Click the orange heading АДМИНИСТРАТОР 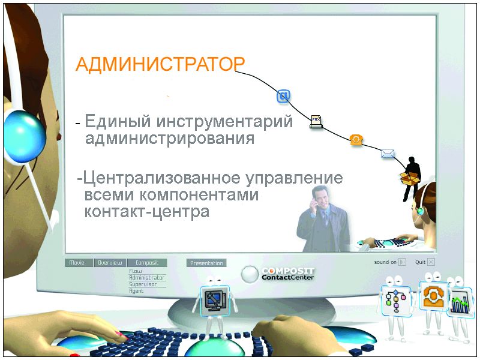(x=160, y=64)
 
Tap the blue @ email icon (x=283, y=96)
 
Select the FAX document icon (x=316, y=122)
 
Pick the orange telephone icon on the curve (x=356, y=140)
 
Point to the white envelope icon (x=388, y=153)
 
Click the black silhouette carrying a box (x=411, y=178)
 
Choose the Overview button (x=110, y=263)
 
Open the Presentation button (x=206, y=263)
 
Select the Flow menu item (x=136, y=271)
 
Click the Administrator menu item (x=147, y=278)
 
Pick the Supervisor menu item (x=143, y=284)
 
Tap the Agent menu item (x=136, y=291)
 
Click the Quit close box (x=431, y=262)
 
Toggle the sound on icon (x=402, y=262)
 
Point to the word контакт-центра (x=147, y=211)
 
